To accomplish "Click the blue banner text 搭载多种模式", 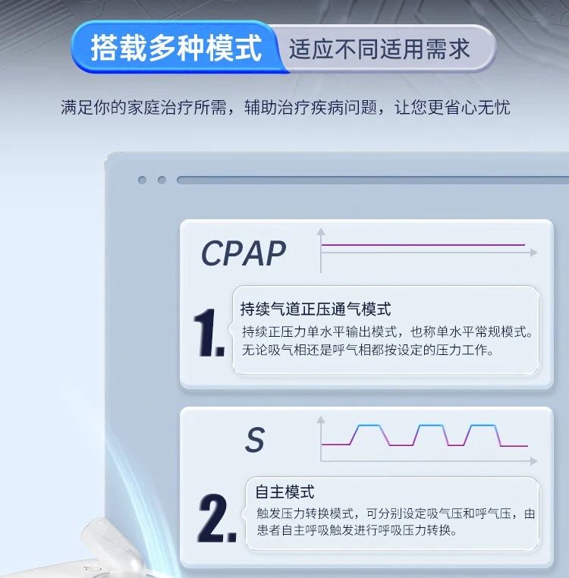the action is (x=176, y=48).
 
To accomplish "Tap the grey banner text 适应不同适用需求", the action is (x=379, y=49).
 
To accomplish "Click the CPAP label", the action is (x=244, y=253).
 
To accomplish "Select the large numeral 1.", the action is (x=209, y=332).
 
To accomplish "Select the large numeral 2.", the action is (x=217, y=518).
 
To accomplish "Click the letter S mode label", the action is (x=255, y=439).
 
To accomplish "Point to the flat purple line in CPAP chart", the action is (x=423, y=244).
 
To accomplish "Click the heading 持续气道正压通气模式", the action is (x=316, y=309).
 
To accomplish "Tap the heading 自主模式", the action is (x=285, y=492).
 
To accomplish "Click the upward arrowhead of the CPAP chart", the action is (x=321, y=231).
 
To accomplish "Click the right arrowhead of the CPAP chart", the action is (x=533, y=253).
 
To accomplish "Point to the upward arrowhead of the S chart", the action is (x=321, y=419).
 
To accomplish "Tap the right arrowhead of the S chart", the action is (x=533, y=460).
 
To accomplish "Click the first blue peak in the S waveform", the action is (x=369, y=426).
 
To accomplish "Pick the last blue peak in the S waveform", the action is (x=483, y=426).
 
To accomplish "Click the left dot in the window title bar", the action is (x=142, y=180).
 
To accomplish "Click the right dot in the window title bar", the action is (x=162, y=180).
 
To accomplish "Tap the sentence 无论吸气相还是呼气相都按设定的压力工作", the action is (x=368, y=350).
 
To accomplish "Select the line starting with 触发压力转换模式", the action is (x=396, y=513).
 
